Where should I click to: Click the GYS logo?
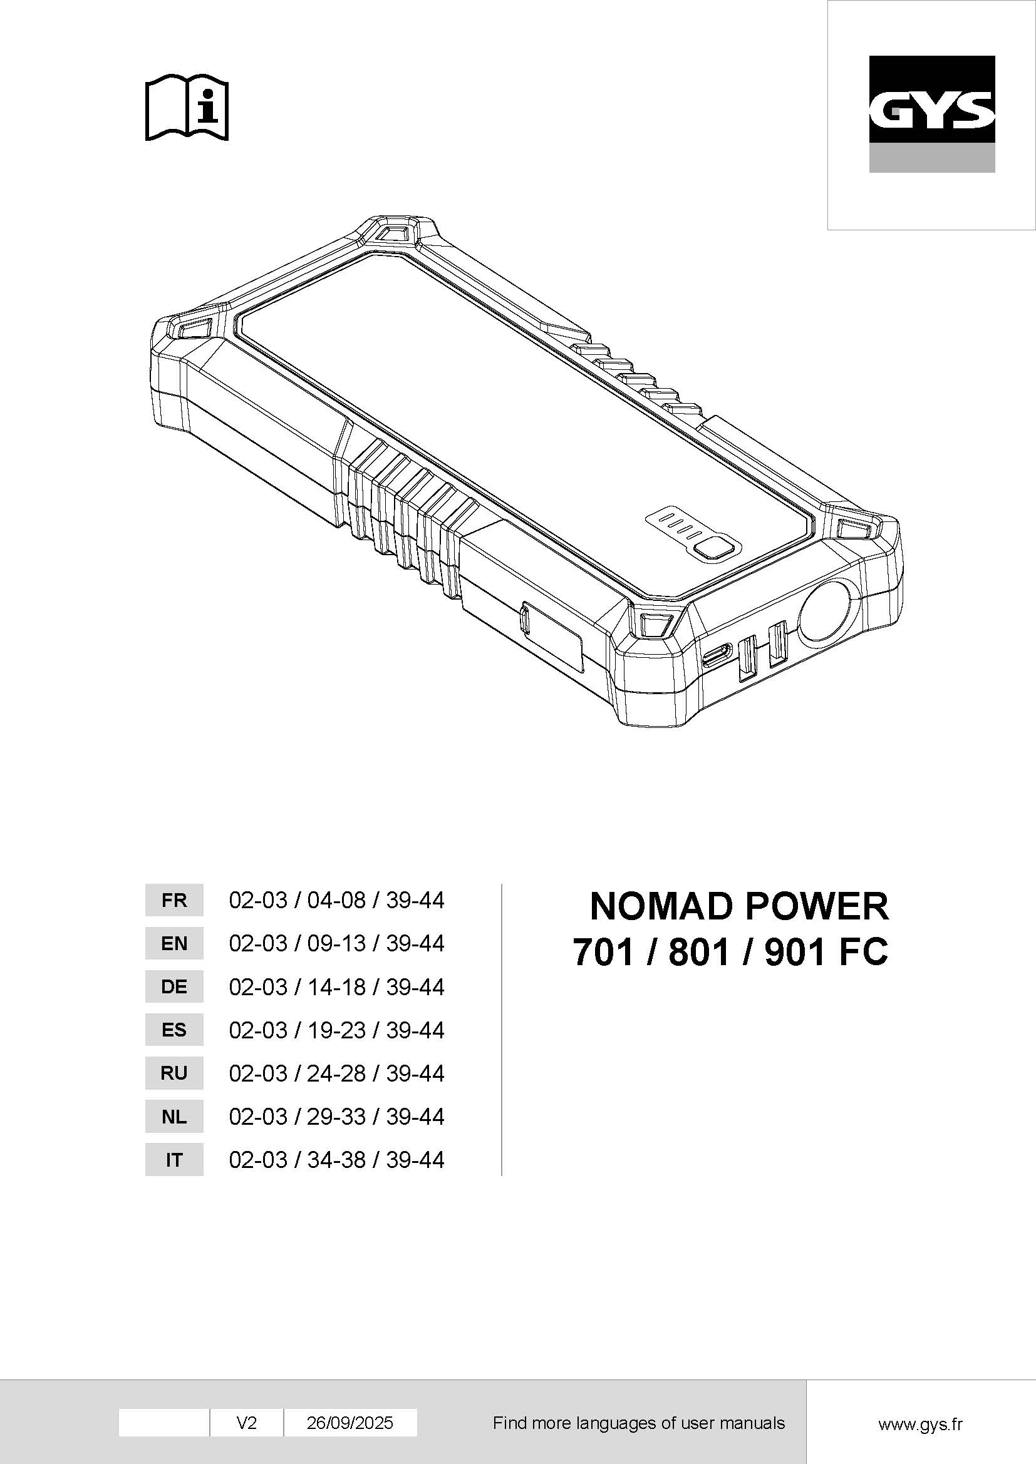click(931, 113)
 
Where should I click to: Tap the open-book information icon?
click(187, 108)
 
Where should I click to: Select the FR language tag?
click(174, 900)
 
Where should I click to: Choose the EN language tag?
click(174, 944)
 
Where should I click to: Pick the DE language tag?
click(174, 987)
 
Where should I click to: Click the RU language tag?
click(174, 1074)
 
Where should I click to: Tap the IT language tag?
click(174, 1160)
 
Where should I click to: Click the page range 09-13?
click(336, 944)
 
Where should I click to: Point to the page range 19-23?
click(336, 1030)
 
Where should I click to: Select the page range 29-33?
click(336, 1117)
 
